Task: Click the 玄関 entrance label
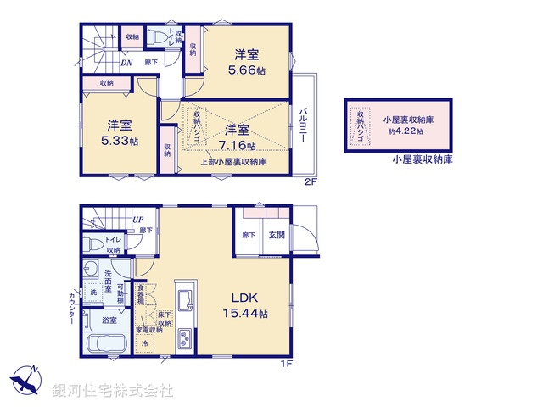click(x=277, y=234)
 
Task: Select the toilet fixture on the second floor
click(x=156, y=37)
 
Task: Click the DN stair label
click(x=126, y=62)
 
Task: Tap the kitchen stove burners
click(x=185, y=339)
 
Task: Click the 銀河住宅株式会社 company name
click(x=112, y=391)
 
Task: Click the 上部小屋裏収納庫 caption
click(x=234, y=161)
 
